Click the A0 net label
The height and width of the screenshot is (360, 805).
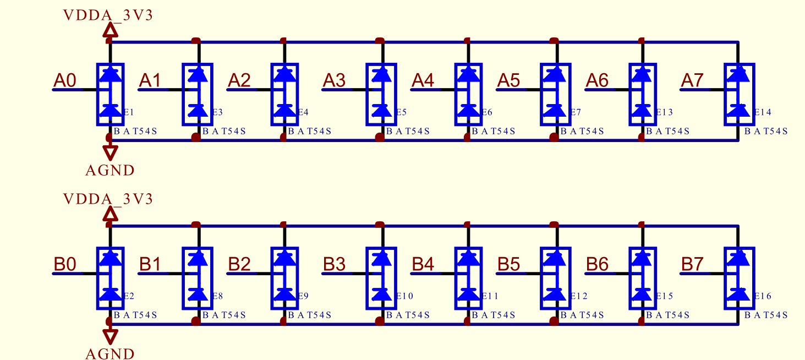(65, 80)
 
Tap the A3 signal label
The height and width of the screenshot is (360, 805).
(334, 80)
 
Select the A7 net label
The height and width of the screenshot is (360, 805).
(692, 80)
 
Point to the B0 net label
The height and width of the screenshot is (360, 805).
(65, 264)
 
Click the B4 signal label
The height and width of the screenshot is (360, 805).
(423, 264)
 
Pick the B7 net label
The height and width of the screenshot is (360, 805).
(692, 264)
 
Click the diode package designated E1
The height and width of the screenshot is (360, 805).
(111, 95)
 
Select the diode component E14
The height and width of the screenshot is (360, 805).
(739, 95)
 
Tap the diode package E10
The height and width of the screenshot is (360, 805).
(381, 279)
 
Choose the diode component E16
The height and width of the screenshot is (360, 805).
(739, 279)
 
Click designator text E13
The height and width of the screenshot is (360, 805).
(665, 112)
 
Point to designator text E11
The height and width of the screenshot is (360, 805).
(490, 296)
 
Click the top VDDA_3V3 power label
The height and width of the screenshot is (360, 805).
(108, 15)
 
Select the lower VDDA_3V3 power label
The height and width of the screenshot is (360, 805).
(108, 199)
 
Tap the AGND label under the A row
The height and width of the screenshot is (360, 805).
(110, 171)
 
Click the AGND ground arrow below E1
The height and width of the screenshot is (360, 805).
(111, 152)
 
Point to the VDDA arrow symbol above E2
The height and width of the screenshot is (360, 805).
(111, 215)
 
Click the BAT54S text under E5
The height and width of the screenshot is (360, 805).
(408, 131)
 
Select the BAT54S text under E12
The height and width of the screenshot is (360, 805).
(582, 315)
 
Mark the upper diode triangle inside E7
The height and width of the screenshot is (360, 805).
(556, 74)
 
